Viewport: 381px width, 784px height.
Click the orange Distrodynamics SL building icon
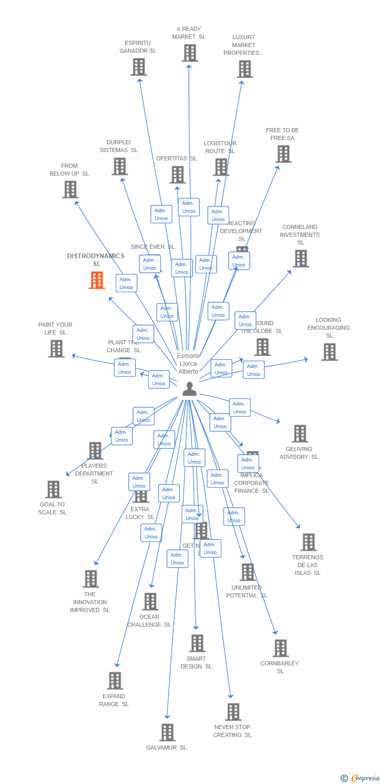pyautogui.click(x=97, y=280)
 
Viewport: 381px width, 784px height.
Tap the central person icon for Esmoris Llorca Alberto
pyautogui.click(x=189, y=389)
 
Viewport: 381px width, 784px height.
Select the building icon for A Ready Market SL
pyautogui.click(x=190, y=53)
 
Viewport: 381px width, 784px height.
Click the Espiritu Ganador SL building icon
pyautogui.click(x=139, y=67)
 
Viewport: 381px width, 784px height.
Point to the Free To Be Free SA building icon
pyautogui.click(x=283, y=154)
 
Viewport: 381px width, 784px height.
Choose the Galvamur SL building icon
pyautogui.click(x=167, y=732)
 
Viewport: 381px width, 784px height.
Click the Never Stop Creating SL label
pyautogui.click(x=232, y=731)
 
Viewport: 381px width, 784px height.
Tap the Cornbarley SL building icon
pyautogui.click(x=281, y=648)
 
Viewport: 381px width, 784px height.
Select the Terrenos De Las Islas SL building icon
pyautogui.click(x=308, y=542)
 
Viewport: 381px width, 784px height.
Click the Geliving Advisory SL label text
pyautogui.click(x=299, y=453)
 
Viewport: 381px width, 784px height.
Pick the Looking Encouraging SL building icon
pyautogui.click(x=329, y=352)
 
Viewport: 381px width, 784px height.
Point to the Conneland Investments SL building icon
pyautogui.click(x=300, y=258)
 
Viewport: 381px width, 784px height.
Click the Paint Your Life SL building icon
pyautogui.click(x=56, y=348)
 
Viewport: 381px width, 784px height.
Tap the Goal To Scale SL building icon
pyautogui.click(x=53, y=489)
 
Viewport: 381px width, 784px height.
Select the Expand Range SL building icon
pyautogui.click(x=115, y=681)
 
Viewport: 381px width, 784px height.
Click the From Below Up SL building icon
pyautogui.click(x=70, y=189)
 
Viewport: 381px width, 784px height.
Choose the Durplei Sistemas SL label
pyautogui.click(x=119, y=146)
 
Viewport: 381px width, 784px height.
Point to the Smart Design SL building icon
pyautogui.click(x=197, y=643)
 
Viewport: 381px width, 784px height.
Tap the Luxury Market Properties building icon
pyautogui.click(x=244, y=68)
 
